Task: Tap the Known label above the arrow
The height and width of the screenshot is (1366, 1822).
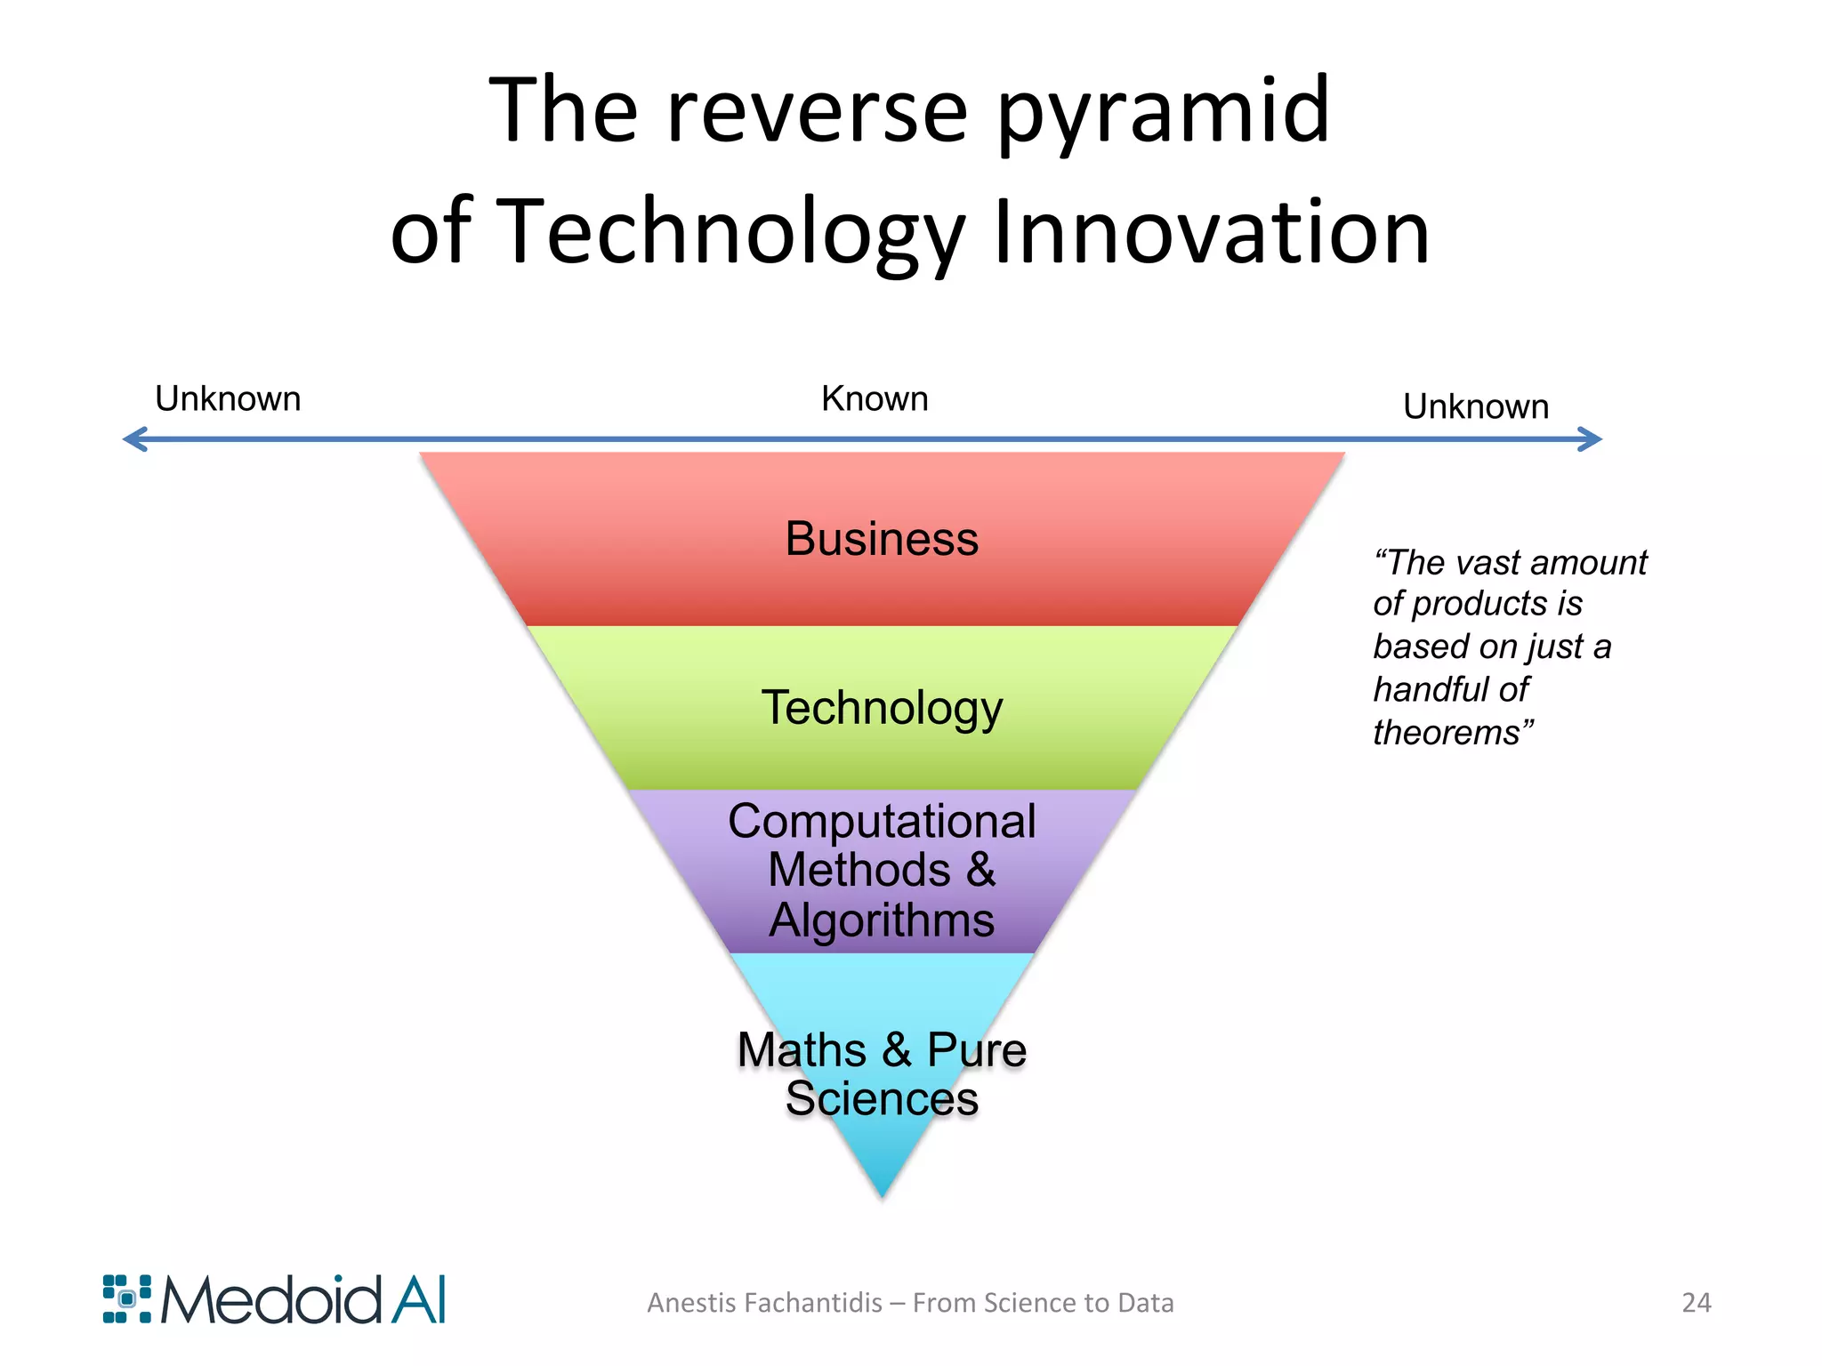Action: (875, 399)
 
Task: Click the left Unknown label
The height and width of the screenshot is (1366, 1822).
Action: (228, 399)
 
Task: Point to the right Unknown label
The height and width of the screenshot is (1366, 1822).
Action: (1476, 407)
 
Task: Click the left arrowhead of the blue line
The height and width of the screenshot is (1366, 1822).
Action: (133, 438)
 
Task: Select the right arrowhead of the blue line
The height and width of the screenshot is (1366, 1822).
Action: (1592, 438)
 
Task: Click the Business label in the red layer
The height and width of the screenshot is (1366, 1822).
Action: (882, 539)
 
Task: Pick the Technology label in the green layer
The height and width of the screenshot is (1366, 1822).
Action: (882, 709)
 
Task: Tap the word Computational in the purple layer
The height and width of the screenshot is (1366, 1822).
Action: (882, 821)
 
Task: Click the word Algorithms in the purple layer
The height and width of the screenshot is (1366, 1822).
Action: (882, 920)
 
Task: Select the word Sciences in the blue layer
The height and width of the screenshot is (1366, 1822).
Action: (882, 1099)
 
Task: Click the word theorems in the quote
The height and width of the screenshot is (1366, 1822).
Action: (1447, 733)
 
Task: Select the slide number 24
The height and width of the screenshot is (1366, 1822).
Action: (1696, 1303)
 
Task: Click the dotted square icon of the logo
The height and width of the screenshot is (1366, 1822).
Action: (127, 1299)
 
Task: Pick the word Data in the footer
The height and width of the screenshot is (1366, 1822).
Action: (1145, 1303)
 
